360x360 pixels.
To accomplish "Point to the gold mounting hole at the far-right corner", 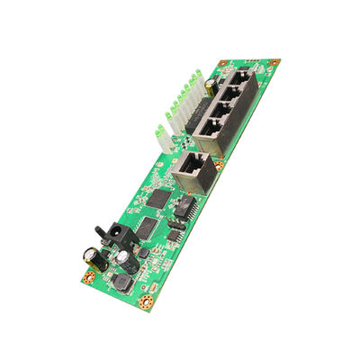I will click(276, 62).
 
